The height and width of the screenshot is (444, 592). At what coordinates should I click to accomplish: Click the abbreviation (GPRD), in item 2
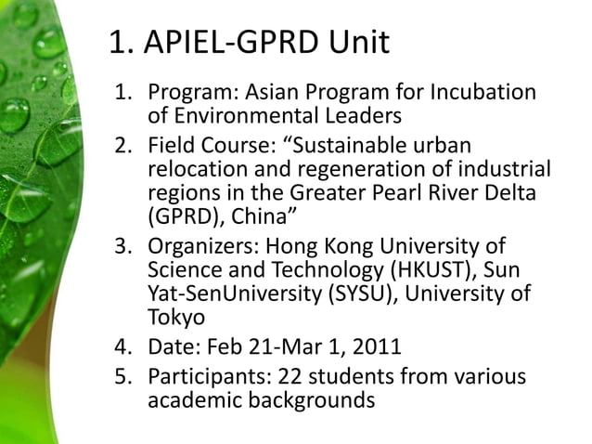pos(183,216)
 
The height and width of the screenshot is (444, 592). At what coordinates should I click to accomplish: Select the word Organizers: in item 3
pos(204,248)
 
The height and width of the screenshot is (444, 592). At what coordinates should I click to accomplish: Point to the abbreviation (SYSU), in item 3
pos(361,294)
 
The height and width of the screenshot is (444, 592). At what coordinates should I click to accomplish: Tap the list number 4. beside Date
pos(122,348)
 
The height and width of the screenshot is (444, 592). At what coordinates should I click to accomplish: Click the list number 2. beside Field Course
pos(122,147)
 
